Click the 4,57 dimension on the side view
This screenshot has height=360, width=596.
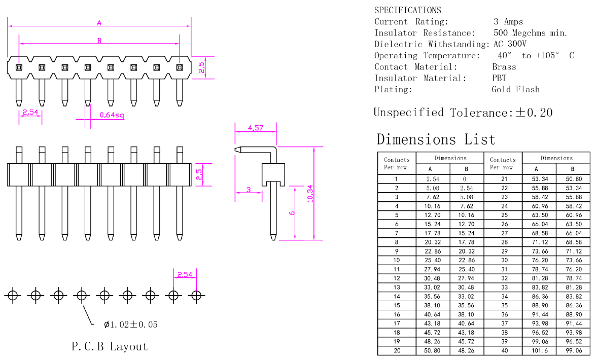(x=255, y=128)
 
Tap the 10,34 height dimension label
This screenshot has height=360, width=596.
(x=310, y=193)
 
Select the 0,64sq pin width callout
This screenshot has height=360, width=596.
(x=112, y=115)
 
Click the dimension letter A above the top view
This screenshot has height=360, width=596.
(x=99, y=23)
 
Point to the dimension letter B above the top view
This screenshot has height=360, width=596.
(x=99, y=41)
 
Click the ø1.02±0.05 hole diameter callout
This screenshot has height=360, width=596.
(x=130, y=325)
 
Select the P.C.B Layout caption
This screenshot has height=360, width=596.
(x=110, y=347)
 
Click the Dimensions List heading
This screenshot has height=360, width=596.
(x=436, y=139)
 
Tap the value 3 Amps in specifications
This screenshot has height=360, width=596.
(x=508, y=22)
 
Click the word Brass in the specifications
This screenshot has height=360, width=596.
(x=504, y=67)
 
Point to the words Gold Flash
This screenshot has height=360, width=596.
(x=515, y=89)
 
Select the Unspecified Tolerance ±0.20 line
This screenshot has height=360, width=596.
(x=463, y=113)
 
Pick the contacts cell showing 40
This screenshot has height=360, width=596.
(x=504, y=350)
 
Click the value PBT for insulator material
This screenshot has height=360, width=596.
(x=499, y=78)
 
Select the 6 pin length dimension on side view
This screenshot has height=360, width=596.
(x=292, y=212)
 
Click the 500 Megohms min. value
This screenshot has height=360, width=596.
(x=530, y=33)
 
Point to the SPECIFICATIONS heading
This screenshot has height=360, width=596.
(x=407, y=10)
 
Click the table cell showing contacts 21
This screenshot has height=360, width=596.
(x=504, y=179)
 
